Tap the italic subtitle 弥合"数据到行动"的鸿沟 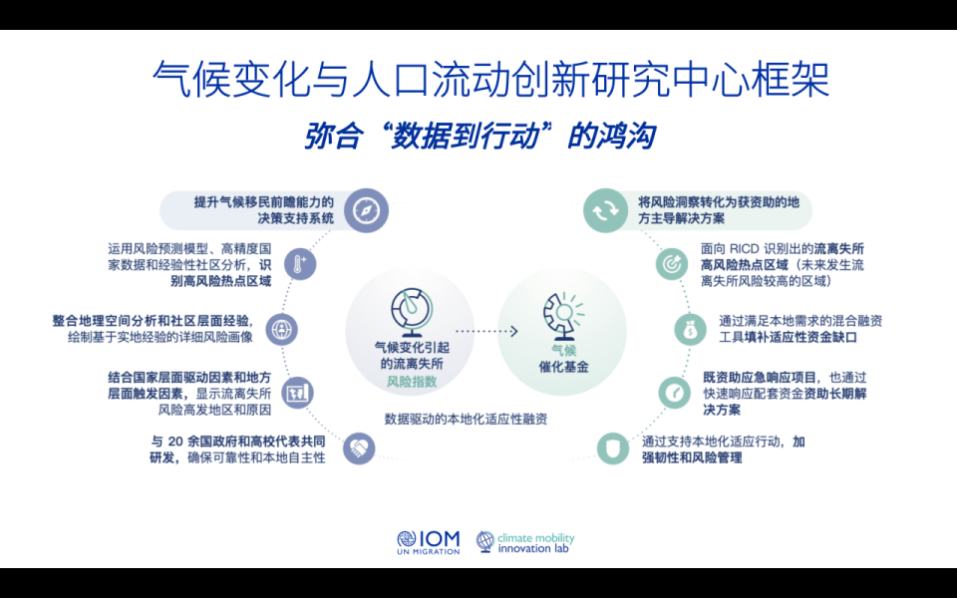[x=479, y=136]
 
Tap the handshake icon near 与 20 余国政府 [x=358, y=448]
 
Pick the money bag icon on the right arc [x=688, y=328]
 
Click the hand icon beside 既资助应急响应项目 [x=673, y=392]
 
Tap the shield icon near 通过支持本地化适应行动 [x=613, y=448]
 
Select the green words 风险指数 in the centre [x=408, y=382]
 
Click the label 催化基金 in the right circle [x=562, y=367]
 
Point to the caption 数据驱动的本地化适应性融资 [x=466, y=420]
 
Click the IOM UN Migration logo [x=428, y=542]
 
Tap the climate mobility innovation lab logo [x=525, y=542]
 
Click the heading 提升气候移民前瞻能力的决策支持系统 [x=264, y=210]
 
